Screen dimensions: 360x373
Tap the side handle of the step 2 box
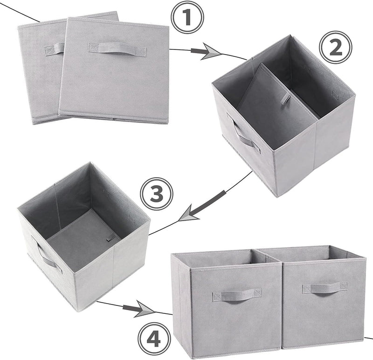click(x=244, y=136)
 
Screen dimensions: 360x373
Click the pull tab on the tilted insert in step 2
click(x=284, y=100)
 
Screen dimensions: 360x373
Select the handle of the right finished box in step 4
click(x=324, y=287)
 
